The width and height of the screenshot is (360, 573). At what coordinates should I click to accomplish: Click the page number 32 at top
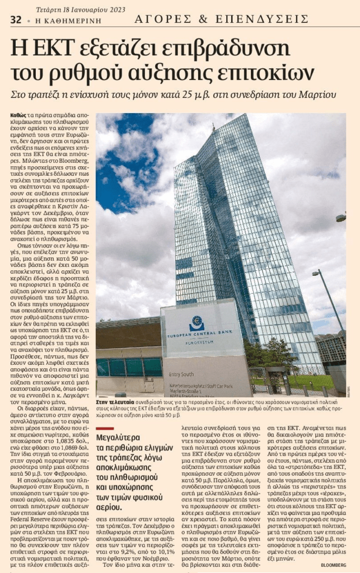[x=16, y=20]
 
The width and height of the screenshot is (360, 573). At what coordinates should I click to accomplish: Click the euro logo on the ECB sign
[x=197, y=323]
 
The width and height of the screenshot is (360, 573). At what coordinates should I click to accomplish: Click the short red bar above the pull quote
[x=105, y=429]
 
